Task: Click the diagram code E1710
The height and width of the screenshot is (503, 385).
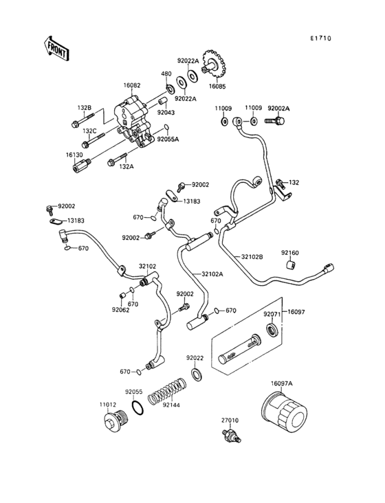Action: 320,38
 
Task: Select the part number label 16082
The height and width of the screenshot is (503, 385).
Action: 132,86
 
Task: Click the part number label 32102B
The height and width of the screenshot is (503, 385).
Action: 252,257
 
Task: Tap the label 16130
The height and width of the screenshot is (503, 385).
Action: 75,155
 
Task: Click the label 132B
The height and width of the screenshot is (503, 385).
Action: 84,108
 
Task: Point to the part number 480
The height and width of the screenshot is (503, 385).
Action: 166,74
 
